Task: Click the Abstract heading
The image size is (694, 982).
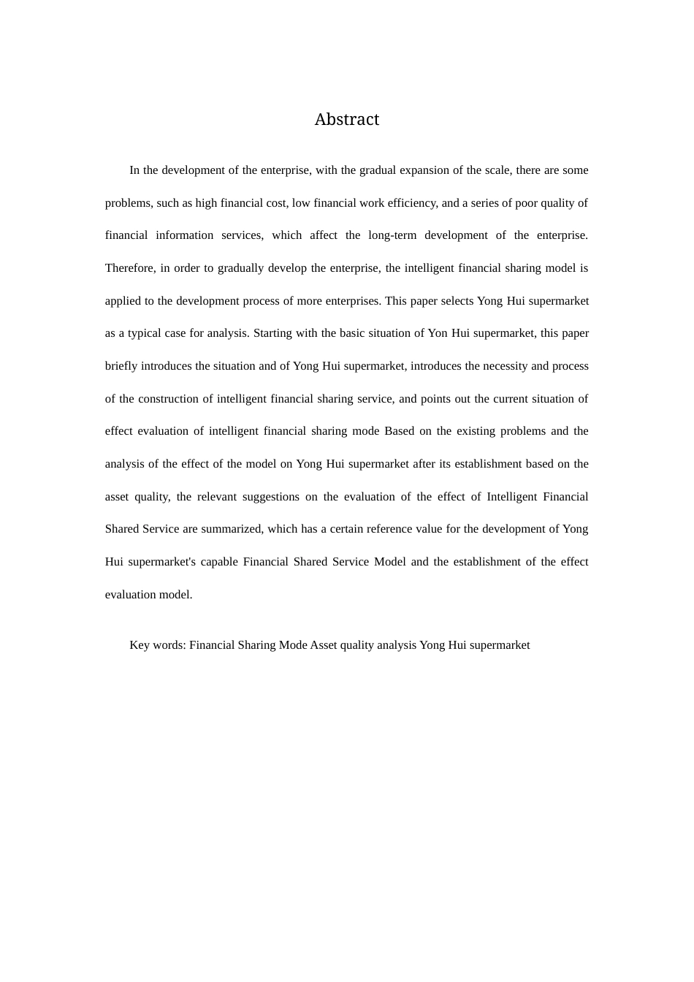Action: coord(346,119)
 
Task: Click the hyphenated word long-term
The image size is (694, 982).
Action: coord(392,235)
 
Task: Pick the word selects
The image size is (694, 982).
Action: coord(453,301)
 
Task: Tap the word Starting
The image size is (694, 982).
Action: coord(272,333)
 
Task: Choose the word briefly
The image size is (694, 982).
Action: coord(121,366)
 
